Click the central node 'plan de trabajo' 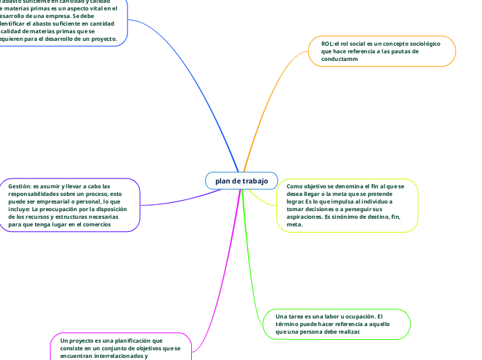[x=241, y=181]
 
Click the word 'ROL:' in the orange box [x=328, y=44]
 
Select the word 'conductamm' [x=340, y=60]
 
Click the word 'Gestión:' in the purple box [x=20, y=186]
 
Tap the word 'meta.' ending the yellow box [x=294, y=224]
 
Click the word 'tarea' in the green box [x=296, y=316]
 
